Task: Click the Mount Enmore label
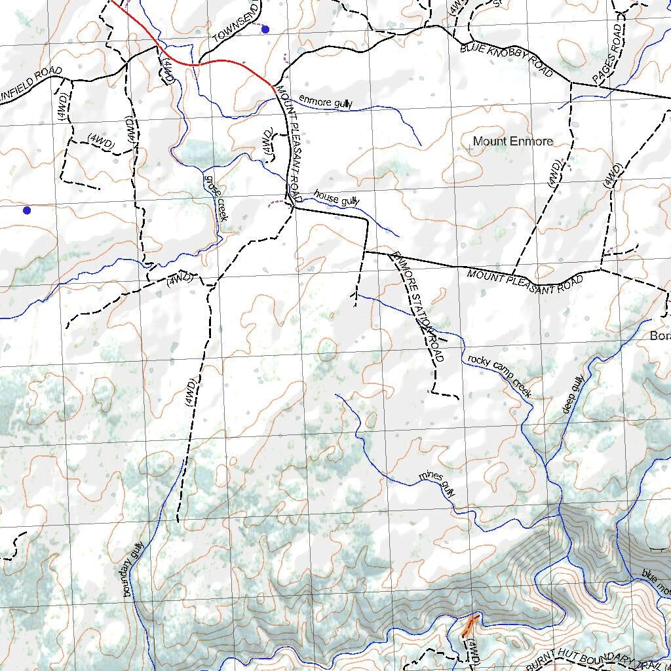(x=512, y=141)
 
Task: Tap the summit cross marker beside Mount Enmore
(x=469, y=149)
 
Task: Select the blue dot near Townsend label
(x=265, y=29)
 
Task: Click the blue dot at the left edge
(x=27, y=210)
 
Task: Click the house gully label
(x=337, y=197)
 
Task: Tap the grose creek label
(x=216, y=197)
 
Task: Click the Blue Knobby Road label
(x=506, y=59)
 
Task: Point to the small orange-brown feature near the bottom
(x=469, y=626)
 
